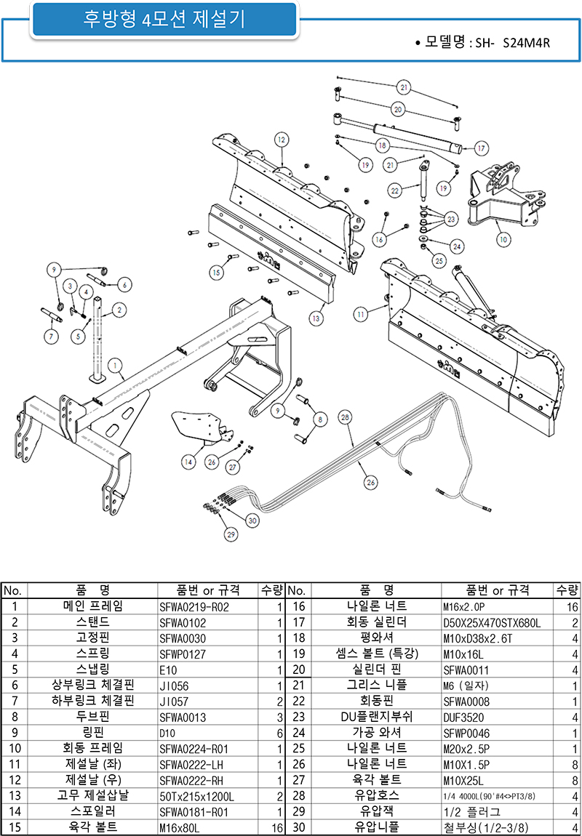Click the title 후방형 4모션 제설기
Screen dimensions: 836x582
point(164,20)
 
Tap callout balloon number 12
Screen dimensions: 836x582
point(282,139)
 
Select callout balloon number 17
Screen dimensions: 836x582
point(480,148)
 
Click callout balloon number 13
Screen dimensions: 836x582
point(315,318)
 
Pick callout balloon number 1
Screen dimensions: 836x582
point(113,365)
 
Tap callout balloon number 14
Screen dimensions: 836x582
point(188,461)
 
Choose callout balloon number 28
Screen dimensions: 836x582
point(345,417)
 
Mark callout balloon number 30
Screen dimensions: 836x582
point(252,520)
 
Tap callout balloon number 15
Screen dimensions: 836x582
point(215,272)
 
